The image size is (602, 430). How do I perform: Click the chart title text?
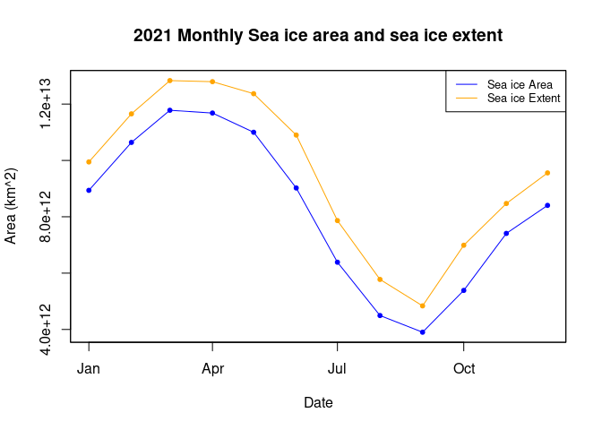click(x=318, y=36)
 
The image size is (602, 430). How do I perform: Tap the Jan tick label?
click(x=89, y=368)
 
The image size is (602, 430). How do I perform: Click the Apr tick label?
click(x=212, y=368)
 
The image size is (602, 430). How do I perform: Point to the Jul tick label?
click(x=337, y=368)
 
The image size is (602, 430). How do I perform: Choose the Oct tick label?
click(x=464, y=368)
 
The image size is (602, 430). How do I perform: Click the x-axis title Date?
click(x=318, y=403)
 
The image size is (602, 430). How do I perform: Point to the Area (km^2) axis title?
click(x=12, y=205)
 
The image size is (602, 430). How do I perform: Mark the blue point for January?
click(x=89, y=190)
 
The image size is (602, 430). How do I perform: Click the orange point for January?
click(x=89, y=162)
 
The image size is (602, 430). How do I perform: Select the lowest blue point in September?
click(x=422, y=332)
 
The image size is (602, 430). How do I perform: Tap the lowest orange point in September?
click(x=422, y=306)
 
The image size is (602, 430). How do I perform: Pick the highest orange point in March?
click(x=169, y=81)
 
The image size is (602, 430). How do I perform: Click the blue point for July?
click(x=337, y=262)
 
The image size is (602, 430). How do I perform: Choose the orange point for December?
click(x=547, y=173)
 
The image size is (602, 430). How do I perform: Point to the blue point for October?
click(x=464, y=290)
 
